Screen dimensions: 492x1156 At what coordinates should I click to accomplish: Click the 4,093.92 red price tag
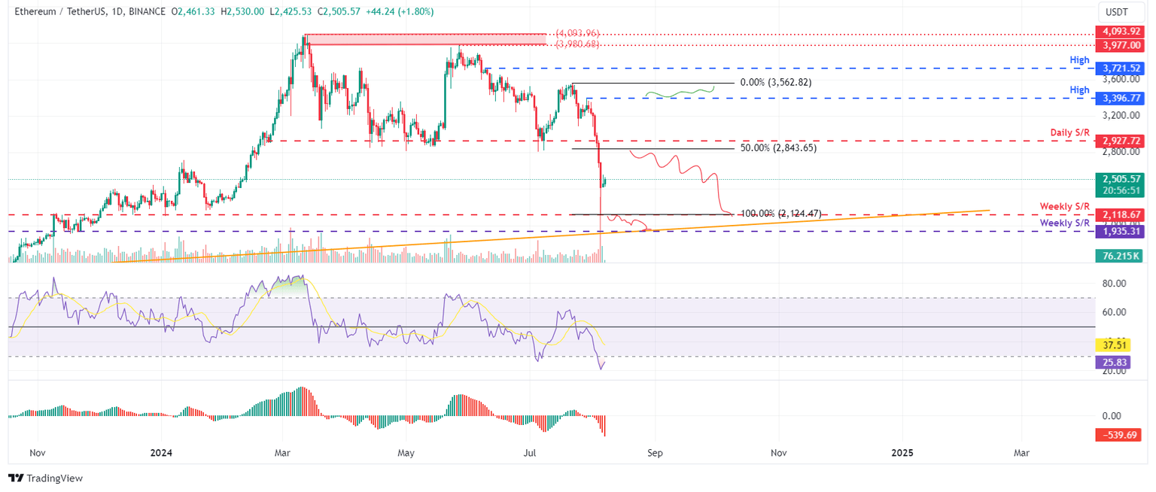(x=1119, y=32)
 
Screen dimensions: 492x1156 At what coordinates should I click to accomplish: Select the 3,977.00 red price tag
(x=1119, y=45)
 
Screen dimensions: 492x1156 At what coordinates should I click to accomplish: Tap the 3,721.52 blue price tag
(x=1119, y=68)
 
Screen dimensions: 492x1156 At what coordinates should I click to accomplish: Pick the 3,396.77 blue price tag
(x=1119, y=99)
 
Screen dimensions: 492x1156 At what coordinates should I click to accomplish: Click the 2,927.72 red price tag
(x=1119, y=141)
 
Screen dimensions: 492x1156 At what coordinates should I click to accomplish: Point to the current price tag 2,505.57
(x=1119, y=179)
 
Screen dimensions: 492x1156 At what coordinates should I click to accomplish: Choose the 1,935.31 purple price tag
(x=1119, y=232)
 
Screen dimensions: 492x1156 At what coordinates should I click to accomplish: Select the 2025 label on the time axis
(x=902, y=453)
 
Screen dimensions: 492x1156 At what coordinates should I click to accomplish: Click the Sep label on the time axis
(x=654, y=453)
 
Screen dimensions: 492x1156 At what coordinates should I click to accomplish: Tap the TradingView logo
(x=45, y=478)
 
